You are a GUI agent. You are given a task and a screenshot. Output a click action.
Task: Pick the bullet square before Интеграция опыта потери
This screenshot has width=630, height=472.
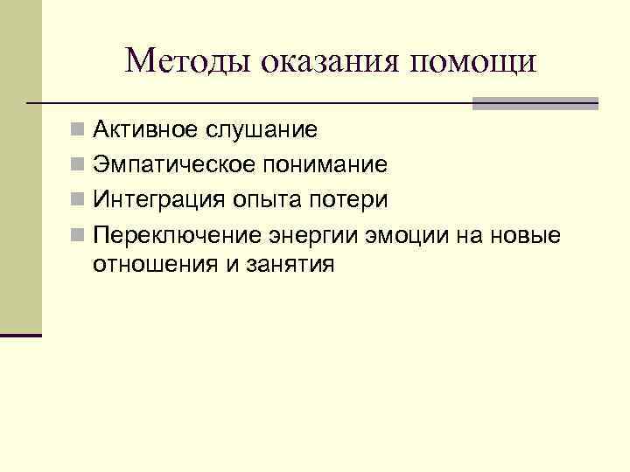(79, 200)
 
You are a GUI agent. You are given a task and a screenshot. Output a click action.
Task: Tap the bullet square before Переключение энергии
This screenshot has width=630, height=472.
(79, 234)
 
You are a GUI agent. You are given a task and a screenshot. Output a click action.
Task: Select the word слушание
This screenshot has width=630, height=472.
(262, 131)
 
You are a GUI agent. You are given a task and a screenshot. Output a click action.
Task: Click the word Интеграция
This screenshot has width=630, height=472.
(158, 199)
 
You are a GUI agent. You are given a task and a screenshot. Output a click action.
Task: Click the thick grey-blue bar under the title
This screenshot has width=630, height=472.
(535, 103)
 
